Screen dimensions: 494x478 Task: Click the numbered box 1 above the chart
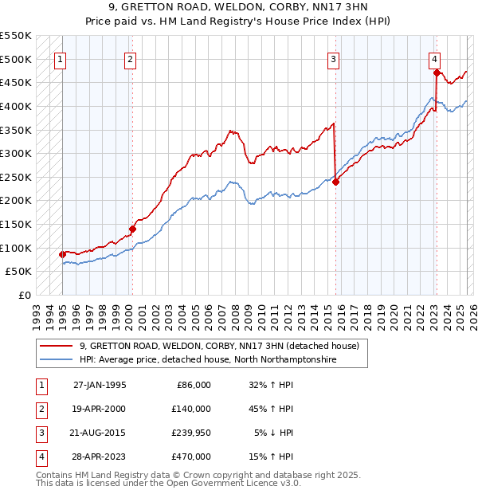[x=61, y=58]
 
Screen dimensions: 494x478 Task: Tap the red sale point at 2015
[x=335, y=182]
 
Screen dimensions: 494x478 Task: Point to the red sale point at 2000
[x=132, y=229]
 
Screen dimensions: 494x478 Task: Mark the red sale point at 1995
[x=62, y=254]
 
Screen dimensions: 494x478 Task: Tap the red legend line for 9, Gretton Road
[x=55, y=346]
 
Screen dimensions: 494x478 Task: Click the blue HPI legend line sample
[x=55, y=360]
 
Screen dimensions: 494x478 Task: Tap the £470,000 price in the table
[x=191, y=457]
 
